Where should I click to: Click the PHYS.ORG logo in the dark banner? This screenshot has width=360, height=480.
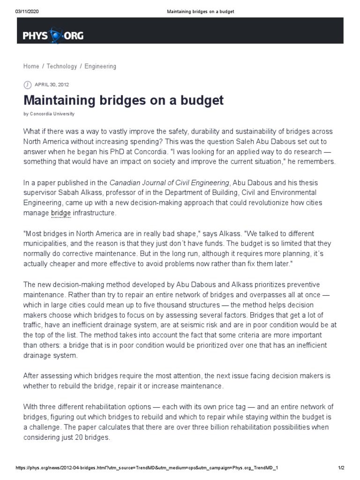pyautogui.click(x=53, y=36)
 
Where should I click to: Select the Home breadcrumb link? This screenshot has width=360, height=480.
pyautogui.click(x=31, y=67)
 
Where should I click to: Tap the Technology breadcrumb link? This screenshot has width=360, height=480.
pyautogui.click(x=62, y=67)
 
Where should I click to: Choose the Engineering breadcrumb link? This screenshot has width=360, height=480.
pyautogui.click(x=100, y=67)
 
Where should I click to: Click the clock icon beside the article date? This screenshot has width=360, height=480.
pyautogui.click(x=27, y=85)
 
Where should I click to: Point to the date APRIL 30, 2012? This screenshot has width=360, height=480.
pyautogui.click(x=52, y=85)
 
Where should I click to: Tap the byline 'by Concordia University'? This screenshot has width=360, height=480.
pyautogui.click(x=49, y=114)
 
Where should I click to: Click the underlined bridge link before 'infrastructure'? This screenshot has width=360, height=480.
pyautogui.click(x=61, y=213)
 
